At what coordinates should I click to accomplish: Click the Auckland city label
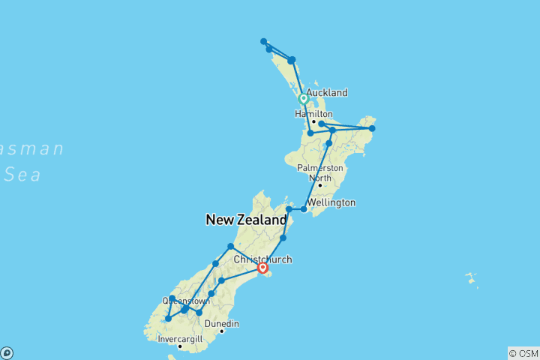click(x=326, y=92)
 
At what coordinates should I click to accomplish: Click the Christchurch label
click(x=257, y=259)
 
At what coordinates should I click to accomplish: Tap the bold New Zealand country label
click(x=246, y=220)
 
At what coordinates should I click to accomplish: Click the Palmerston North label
click(x=319, y=173)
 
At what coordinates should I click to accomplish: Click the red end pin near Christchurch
click(x=262, y=267)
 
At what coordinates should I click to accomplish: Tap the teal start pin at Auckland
click(x=304, y=98)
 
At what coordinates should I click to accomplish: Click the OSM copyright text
click(x=523, y=353)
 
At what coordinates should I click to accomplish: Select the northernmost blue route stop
click(x=264, y=41)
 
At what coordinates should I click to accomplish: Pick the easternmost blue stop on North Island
click(x=372, y=128)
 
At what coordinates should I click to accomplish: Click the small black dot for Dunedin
click(x=222, y=331)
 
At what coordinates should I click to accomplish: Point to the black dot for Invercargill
click(x=180, y=346)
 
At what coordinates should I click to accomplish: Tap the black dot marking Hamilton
click(x=313, y=121)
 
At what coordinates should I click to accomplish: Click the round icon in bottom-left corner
click(x=6, y=353)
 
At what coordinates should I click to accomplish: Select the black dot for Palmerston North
click(x=319, y=185)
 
